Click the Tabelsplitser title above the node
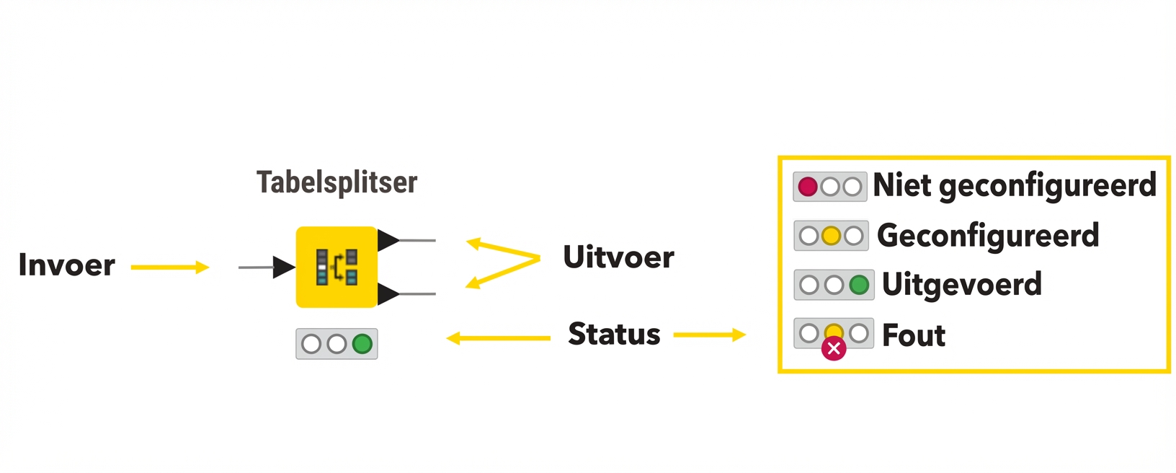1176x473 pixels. [337, 182]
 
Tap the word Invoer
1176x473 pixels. [66, 265]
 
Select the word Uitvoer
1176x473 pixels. [618, 257]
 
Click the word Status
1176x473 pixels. [614, 335]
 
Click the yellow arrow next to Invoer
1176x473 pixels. [170, 268]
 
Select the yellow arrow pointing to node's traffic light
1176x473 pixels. [497, 338]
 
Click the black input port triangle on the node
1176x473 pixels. [282, 267]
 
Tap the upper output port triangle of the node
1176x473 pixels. [387, 240]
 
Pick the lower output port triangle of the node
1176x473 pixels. [387, 293]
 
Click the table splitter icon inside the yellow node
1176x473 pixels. [337, 267]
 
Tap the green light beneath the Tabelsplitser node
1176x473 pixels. [362, 344]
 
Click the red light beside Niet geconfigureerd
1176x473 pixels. [808, 187]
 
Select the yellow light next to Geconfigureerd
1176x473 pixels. [831, 236]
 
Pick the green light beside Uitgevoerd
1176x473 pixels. [859, 285]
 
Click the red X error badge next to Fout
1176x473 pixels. [834, 349]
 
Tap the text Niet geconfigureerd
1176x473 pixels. [1014, 186]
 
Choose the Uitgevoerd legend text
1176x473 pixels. [961, 284]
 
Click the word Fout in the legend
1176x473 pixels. [913, 335]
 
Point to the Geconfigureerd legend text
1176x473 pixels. [987, 236]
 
